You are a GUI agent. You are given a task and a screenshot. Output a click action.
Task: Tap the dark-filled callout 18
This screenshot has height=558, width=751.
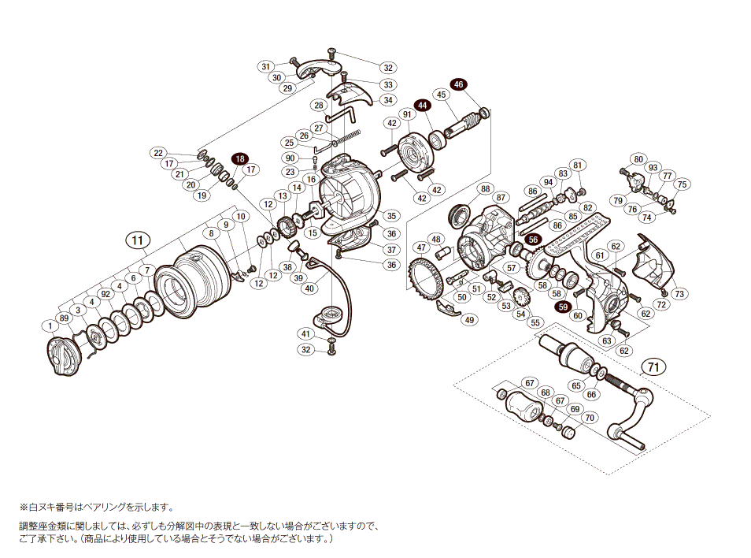point(239,159)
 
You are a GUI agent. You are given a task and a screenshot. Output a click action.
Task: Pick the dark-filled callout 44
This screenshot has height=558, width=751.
point(423,105)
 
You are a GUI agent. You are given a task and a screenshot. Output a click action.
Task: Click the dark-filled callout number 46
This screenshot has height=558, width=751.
point(459,84)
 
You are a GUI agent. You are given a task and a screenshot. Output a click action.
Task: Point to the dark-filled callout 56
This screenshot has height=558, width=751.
point(533,240)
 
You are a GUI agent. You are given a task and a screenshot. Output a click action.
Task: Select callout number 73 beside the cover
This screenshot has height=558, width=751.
point(679,294)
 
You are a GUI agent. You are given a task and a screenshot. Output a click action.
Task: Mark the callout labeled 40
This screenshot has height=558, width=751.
point(309,288)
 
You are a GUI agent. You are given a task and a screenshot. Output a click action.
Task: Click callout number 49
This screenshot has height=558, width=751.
point(470,320)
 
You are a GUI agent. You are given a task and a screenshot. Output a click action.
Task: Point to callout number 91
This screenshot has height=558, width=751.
point(407,115)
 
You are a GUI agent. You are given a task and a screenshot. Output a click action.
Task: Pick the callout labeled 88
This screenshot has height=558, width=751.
point(485,188)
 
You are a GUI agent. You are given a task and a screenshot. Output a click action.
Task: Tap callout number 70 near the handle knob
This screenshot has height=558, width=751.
point(590,418)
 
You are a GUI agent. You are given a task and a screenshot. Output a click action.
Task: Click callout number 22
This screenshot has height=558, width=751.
point(158,153)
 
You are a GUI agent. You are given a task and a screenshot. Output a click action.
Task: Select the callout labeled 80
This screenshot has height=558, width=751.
point(638,158)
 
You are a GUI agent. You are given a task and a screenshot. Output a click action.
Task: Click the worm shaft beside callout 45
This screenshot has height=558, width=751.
point(465,125)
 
